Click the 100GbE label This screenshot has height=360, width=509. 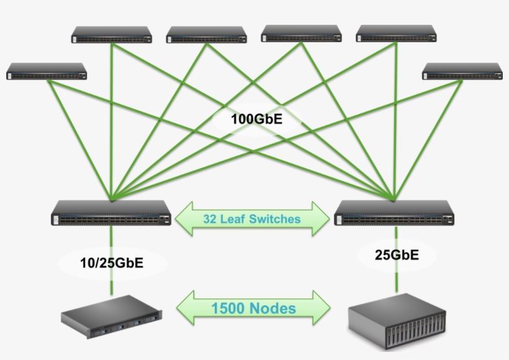point(256,119)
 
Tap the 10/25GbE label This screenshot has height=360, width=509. point(112,263)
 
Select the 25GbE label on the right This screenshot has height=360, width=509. point(397,254)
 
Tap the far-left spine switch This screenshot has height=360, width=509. point(47,71)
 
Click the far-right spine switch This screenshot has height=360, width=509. point(462,71)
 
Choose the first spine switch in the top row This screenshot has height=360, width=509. point(112,35)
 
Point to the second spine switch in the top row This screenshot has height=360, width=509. point(206,35)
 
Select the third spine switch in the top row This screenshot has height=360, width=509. point(301,34)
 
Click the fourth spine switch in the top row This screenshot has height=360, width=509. point(396,34)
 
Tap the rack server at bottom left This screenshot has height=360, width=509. point(112,317)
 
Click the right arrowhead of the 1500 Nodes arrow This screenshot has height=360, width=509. point(322,308)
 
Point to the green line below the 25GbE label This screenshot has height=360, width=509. point(397,279)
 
